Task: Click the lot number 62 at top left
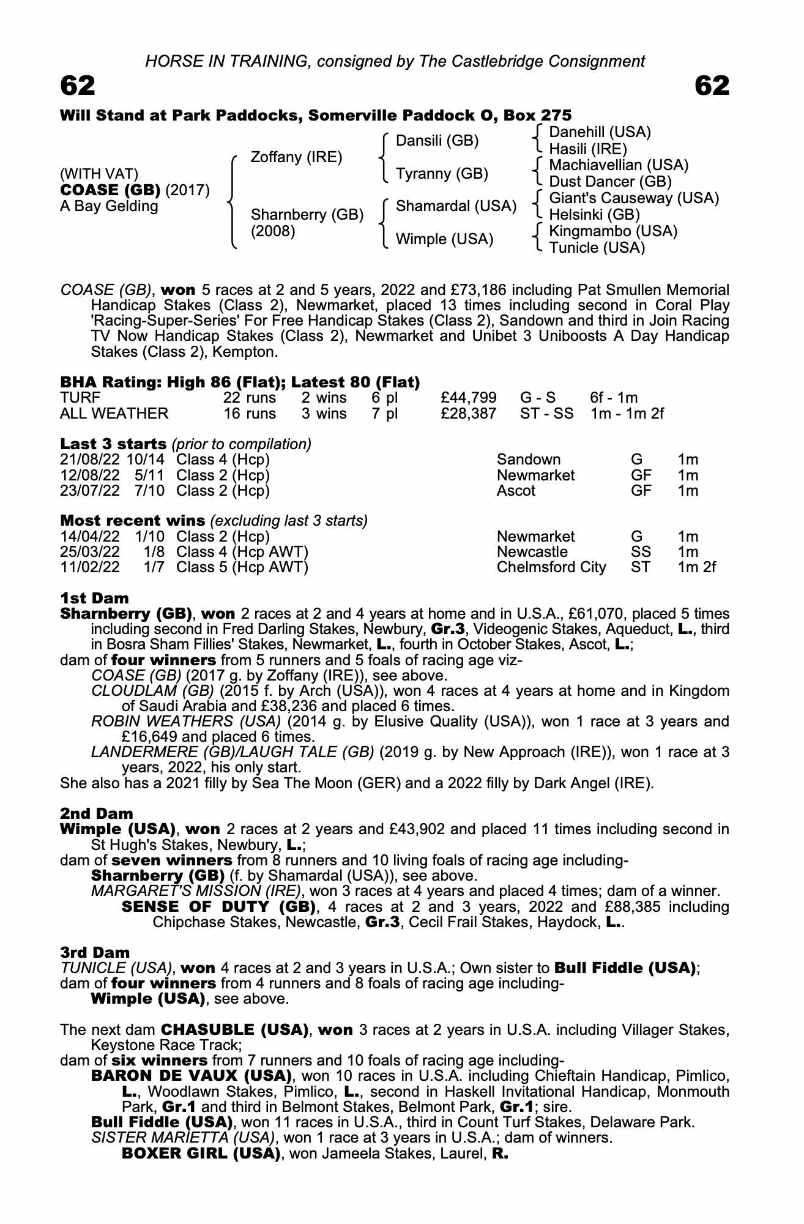click(78, 86)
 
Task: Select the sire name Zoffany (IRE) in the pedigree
click(296, 157)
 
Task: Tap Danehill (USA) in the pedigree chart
click(600, 132)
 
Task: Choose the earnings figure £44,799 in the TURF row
click(468, 398)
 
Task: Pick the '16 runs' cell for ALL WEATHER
click(250, 414)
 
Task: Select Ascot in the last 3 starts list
click(516, 491)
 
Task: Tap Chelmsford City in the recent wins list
click(551, 567)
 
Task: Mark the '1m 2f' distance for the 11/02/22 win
click(696, 567)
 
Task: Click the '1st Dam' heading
click(94, 597)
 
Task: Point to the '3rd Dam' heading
click(95, 953)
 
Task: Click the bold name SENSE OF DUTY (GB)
click(218, 906)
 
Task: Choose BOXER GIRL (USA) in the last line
click(201, 1154)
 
